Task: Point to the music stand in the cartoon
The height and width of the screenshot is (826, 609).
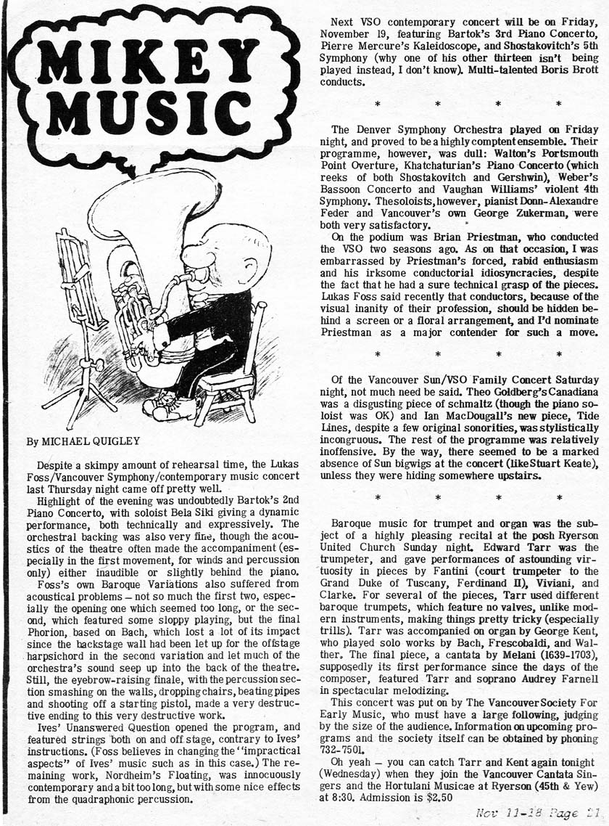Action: tap(80, 312)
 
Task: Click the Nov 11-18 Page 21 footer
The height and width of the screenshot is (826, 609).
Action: tap(536, 814)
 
